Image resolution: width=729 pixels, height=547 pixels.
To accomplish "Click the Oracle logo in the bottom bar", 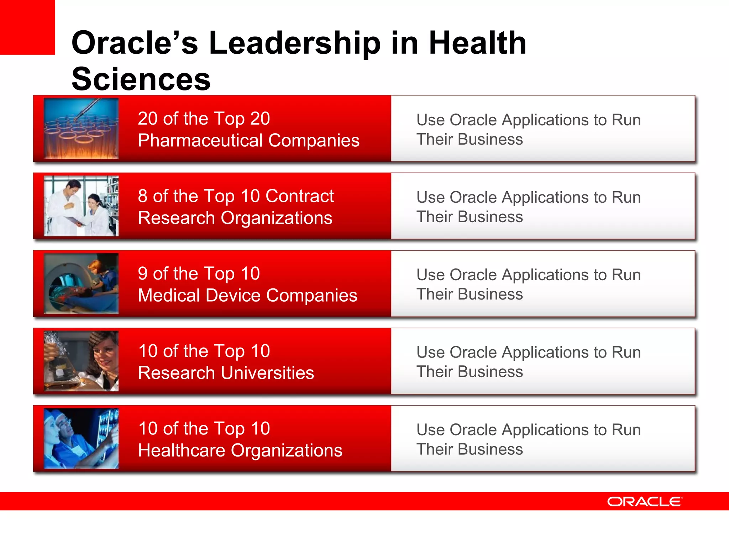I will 645,501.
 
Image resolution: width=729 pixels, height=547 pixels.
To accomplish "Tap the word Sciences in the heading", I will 141,79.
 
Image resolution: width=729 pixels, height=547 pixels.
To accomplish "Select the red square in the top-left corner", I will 27,27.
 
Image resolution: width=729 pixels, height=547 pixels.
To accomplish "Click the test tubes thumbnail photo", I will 81,129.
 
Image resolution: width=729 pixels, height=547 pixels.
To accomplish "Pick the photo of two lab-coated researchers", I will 81,206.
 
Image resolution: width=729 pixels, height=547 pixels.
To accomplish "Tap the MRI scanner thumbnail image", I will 81,283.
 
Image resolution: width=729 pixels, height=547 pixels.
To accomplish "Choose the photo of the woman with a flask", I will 81,361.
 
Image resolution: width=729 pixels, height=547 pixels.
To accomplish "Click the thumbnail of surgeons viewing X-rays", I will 81,438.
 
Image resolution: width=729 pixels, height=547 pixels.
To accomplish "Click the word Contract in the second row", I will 299,196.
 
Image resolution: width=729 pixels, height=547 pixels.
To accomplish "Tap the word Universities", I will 267,373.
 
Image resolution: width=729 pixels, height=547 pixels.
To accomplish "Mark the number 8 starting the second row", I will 143,196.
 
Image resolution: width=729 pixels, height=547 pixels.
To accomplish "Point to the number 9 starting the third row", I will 143,274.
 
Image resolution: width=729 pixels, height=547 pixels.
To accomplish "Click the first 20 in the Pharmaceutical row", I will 147,119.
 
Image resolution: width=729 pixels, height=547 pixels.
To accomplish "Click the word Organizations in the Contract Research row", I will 276,218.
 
